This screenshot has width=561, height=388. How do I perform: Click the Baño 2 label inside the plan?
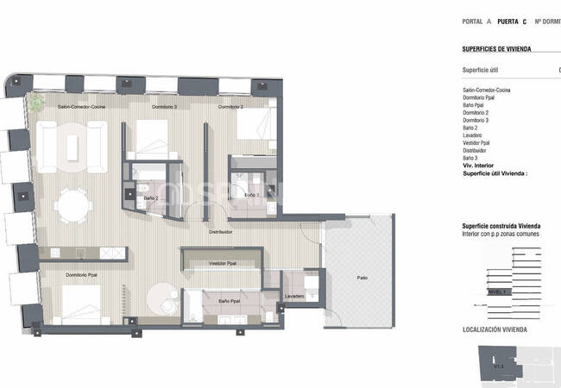(x=150, y=197)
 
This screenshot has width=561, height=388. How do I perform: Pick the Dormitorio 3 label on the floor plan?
(x=164, y=107)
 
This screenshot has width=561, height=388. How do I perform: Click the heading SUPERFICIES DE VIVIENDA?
(x=496, y=48)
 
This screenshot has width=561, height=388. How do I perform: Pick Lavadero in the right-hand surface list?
(x=474, y=135)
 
